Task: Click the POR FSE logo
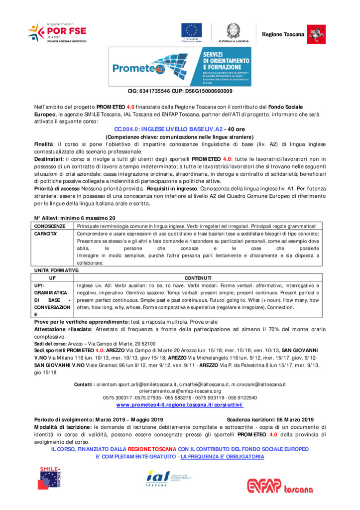(x=57, y=32)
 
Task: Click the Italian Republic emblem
(x=232, y=29)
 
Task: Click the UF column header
(x=53, y=277)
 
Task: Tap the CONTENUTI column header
(x=198, y=277)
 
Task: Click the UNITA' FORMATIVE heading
(x=56, y=270)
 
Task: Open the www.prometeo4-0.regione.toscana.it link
(x=180, y=405)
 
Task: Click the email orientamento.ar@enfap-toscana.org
(x=180, y=391)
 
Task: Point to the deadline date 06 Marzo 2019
(x=294, y=419)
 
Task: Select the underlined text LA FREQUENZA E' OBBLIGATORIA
(x=222, y=456)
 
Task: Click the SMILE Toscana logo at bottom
(x=51, y=478)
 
